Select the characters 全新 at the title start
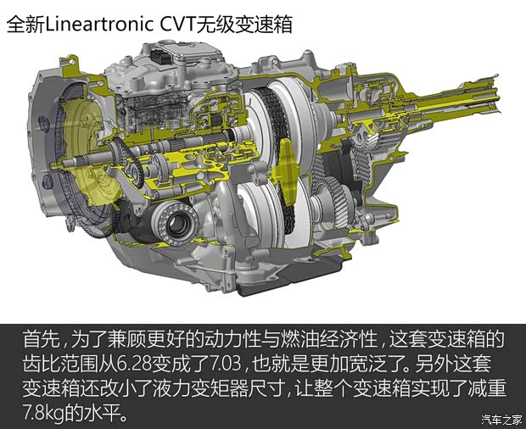pos(24,25)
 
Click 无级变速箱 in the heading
pos(245,25)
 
